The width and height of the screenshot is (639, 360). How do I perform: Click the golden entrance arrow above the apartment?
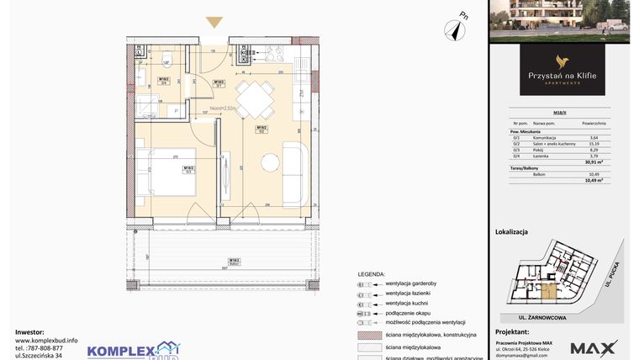[214, 23]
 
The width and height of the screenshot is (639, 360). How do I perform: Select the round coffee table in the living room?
[270, 162]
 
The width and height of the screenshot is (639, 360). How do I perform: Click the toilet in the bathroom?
[167, 58]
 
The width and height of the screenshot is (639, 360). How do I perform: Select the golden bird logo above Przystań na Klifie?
[562, 61]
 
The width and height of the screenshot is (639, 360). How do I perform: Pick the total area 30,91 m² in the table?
[595, 161]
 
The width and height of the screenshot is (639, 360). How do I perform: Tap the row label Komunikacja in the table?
[537, 137]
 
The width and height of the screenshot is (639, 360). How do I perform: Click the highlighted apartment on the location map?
[548, 293]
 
